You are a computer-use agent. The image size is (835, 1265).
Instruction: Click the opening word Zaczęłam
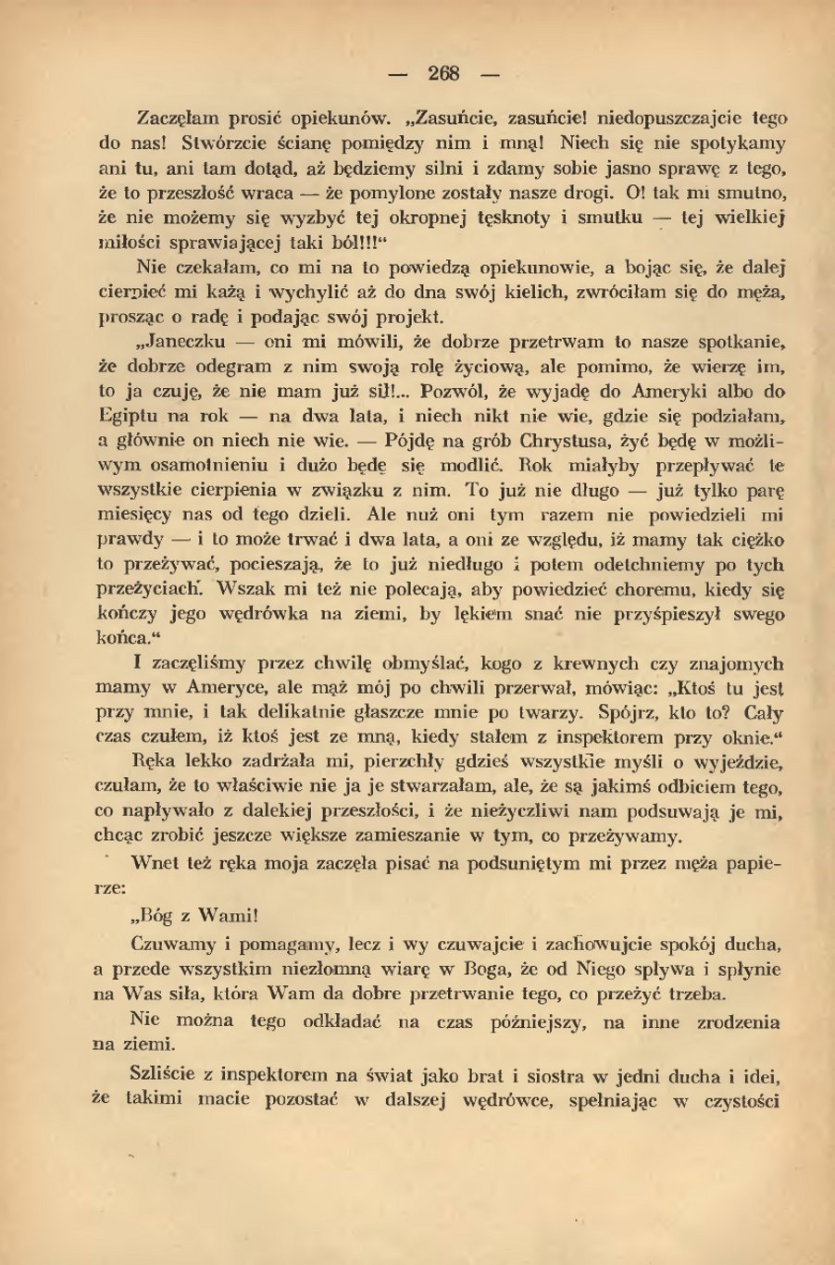pyautogui.click(x=178, y=119)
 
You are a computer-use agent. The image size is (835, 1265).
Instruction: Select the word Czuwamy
pyautogui.click(x=181, y=946)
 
